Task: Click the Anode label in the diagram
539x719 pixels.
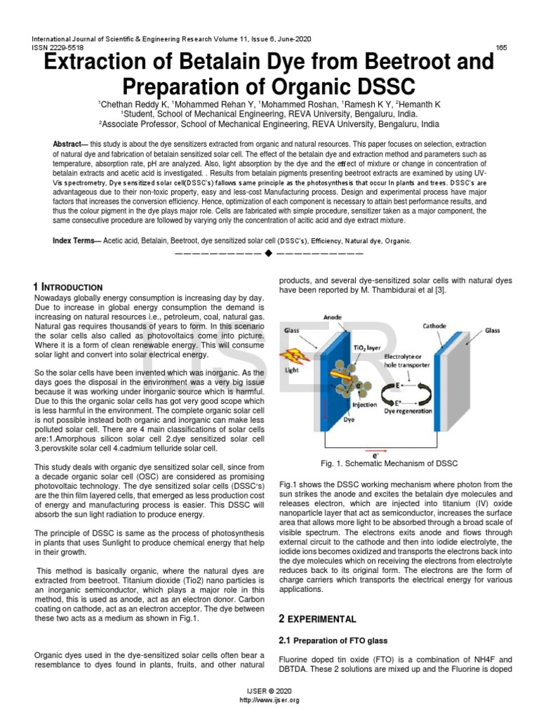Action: coord(333,317)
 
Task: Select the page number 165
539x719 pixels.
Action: coord(501,47)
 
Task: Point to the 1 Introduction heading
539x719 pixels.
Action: coord(68,287)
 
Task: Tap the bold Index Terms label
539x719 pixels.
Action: coord(76,241)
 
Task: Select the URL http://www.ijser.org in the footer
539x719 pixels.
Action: coord(269,700)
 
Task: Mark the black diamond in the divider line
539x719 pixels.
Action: coord(269,253)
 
